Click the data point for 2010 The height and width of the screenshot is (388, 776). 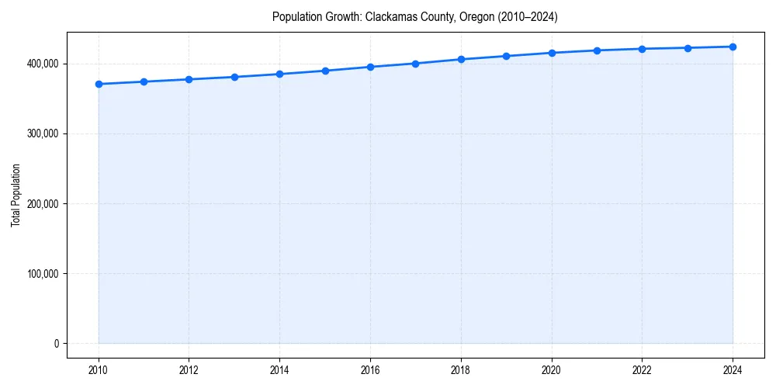point(99,84)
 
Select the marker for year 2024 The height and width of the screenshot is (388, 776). point(733,47)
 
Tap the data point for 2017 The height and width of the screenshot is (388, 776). point(416,64)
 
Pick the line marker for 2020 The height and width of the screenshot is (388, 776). point(552,53)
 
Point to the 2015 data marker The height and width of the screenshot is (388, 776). point(325,71)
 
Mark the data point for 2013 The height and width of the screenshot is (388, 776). point(234,77)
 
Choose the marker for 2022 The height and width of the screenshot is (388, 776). point(642,49)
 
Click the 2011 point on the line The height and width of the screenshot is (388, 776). point(144,81)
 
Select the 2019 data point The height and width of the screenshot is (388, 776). point(506,56)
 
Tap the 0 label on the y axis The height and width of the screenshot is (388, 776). point(56,344)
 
